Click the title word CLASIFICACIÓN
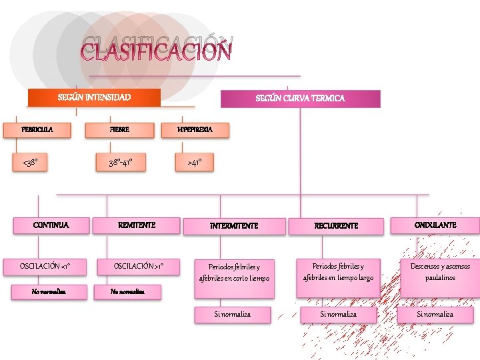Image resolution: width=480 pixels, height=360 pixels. point(156,50)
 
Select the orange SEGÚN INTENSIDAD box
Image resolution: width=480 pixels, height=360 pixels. point(94,98)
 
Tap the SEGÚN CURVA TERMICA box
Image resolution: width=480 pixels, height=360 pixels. point(301,99)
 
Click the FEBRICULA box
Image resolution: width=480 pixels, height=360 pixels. point(37,129)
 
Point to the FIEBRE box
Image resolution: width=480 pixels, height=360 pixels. point(120,129)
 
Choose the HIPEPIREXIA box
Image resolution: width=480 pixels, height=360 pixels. point(195,129)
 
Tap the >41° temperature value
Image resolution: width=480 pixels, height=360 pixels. point(195,161)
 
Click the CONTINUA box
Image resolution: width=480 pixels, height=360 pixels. point(51,225)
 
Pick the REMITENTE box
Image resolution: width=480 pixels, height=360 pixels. point(137,225)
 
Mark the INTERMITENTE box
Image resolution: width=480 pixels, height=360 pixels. point(234,226)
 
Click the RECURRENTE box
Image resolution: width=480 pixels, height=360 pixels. point(337,226)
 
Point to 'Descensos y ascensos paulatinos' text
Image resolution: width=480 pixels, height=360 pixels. point(440,272)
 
